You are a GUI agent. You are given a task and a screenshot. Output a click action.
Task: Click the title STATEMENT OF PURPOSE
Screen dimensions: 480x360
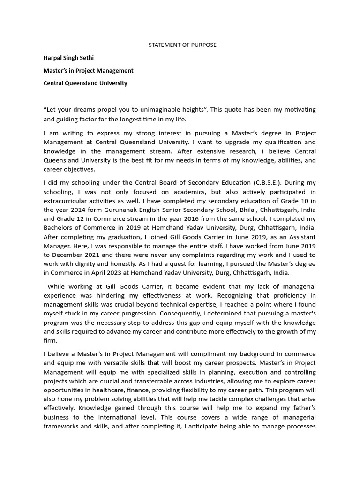click(x=182, y=45)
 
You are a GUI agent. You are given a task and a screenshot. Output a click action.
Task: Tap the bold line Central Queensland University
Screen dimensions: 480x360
click(x=85, y=83)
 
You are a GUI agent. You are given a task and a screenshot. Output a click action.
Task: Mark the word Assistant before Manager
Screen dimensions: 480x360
click(x=300, y=237)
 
